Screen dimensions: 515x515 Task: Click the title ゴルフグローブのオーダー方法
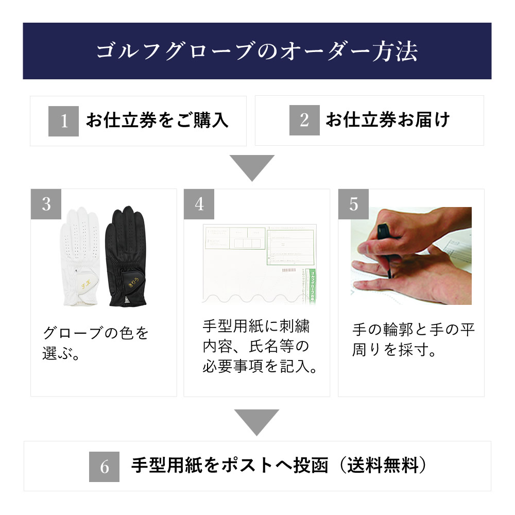pyautogui.click(x=257, y=51)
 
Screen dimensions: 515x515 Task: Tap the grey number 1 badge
pyautogui.click(x=63, y=121)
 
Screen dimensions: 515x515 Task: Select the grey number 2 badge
pyautogui.click(x=304, y=121)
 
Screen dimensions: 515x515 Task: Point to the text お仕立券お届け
pyautogui.click(x=388, y=121)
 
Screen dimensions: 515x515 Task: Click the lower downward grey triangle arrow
pyautogui.click(x=256, y=422)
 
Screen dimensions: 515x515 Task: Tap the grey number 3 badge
pyautogui.click(x=46, y=204)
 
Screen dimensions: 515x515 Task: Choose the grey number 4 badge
pyautogui.click(x=199, y=204)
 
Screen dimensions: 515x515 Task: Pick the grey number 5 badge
pyautogui.click(x=353, y=204)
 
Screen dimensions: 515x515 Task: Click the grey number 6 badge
pyautogui.click(x=105, y=467)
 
